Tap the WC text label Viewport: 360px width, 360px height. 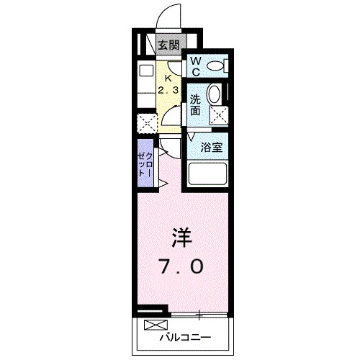(194, 66)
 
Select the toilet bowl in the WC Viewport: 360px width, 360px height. (215, 67)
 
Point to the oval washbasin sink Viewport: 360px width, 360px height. (214, 94)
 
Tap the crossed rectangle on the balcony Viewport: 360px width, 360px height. (153, 323)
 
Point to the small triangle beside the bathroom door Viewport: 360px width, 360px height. (192, 136)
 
